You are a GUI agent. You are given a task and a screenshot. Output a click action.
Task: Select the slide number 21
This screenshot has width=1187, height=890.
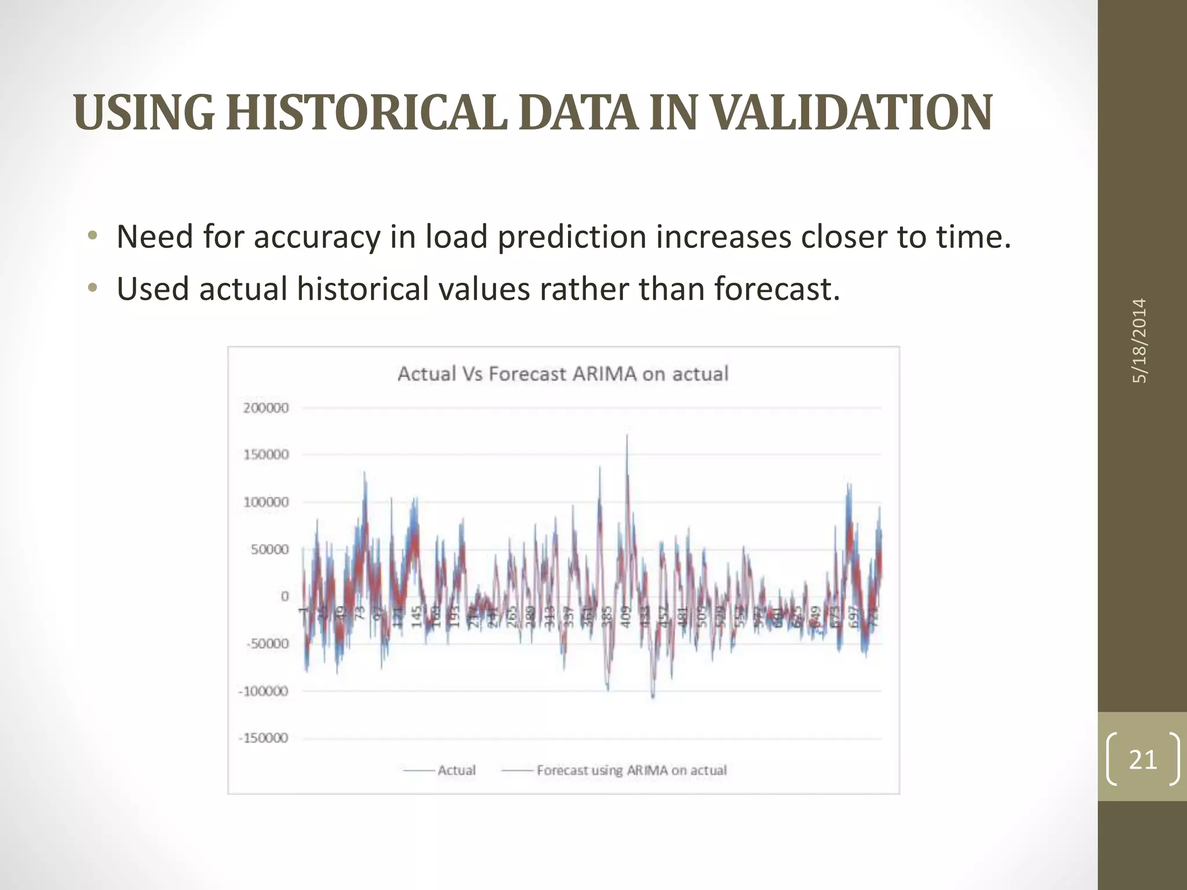point(1143,759)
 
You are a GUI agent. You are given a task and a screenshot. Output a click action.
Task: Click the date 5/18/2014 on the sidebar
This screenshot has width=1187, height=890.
point(1139,341)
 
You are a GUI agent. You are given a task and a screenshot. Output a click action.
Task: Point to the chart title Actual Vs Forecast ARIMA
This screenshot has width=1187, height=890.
point(563,374)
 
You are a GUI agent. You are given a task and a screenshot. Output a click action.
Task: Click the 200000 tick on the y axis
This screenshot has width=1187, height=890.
point(265,408)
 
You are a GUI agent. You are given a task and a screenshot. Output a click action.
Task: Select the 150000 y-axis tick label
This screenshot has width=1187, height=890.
point(265,455)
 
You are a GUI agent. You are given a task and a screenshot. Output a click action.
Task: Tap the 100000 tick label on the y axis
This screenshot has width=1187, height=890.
point(265,502)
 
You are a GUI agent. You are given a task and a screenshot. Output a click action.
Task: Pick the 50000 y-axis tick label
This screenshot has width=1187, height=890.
point(270,549)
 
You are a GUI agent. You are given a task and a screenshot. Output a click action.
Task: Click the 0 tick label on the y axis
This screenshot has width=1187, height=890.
point(284,596)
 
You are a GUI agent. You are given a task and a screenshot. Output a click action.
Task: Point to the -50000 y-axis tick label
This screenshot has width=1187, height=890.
point(267,644)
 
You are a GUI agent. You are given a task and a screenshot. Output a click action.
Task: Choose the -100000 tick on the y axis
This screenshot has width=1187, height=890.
point(264,691)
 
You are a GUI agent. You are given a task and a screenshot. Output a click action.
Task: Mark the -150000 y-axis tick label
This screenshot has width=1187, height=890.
point(264,738)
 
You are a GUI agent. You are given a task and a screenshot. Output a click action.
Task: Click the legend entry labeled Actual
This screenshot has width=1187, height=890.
point(456,770)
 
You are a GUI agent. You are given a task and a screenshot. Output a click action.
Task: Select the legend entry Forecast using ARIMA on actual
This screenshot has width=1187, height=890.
point(631,770)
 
